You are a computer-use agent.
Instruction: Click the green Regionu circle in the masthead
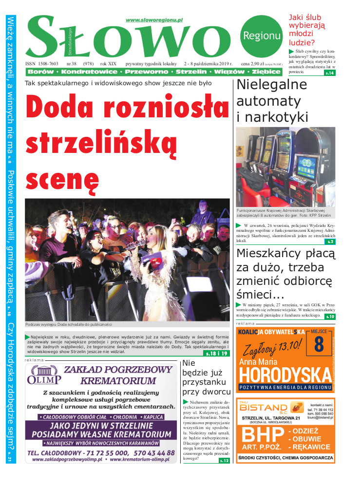click(x=261, y=36)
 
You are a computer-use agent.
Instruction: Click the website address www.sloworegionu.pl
click(x=154, y=20)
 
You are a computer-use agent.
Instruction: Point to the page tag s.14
click(x=330, y=73)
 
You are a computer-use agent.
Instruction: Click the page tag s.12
click(x=224, y=460)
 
